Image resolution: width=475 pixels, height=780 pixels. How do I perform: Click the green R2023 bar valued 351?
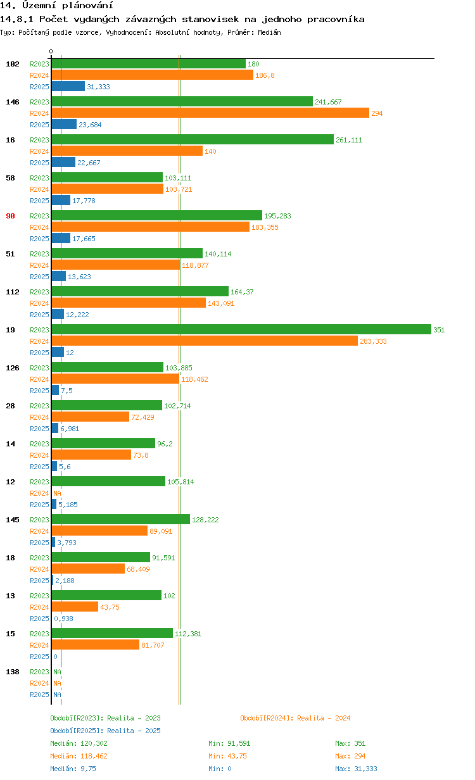click(241, 329)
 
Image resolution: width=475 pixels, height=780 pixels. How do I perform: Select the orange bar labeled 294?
click(210, 113)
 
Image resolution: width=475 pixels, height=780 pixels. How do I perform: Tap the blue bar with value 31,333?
click(68, 86)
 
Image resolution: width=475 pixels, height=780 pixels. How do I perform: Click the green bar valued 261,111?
click(192, 139)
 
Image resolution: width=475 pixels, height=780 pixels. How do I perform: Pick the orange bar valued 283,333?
click(204, 341)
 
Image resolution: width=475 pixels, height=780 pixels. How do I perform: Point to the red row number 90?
click(10, 216)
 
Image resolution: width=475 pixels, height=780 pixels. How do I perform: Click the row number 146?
click(12, 102)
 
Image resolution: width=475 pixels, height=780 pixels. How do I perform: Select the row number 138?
click(12, 672)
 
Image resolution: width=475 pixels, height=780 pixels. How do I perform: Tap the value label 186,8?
click(265, 75)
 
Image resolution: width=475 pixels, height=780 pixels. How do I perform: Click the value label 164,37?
click(242, 292)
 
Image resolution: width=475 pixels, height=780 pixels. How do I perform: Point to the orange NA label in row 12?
click(57, 493)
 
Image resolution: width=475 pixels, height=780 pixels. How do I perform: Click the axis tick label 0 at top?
click(51, 51)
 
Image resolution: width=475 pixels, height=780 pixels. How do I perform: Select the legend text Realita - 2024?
click(324, 718)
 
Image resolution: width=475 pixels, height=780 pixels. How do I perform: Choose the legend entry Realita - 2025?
click(134, 731)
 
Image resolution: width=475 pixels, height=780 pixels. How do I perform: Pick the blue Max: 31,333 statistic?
click(356, 769)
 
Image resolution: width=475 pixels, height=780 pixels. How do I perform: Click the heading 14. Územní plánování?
click(52, 6)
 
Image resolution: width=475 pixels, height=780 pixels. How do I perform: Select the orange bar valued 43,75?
click(75, 607)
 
